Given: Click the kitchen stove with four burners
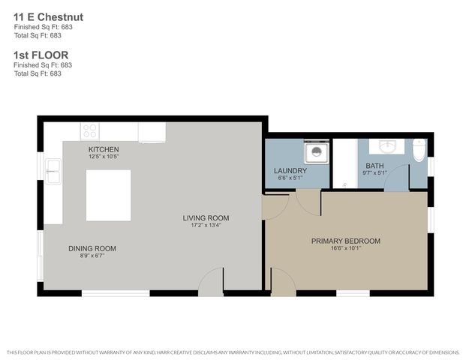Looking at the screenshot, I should (90, 131).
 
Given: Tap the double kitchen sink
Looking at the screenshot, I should (53, 172).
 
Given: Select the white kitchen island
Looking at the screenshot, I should (108, 195).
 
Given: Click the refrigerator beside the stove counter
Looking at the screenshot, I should (152, 132).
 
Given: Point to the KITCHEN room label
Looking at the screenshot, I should (104, 149).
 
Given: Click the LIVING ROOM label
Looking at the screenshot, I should (206, 218).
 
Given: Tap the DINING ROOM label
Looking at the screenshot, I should (92, 248).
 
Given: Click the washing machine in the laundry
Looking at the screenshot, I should (315, 153).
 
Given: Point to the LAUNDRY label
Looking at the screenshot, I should (290, 171).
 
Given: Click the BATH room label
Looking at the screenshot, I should (374, 166).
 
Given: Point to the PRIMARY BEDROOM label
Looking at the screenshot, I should (346, 241).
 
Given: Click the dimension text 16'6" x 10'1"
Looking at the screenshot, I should (346, 250).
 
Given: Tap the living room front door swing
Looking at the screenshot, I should (212, 280).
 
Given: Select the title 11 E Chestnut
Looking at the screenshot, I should (48, 16).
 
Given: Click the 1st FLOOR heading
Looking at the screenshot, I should (41, 55).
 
